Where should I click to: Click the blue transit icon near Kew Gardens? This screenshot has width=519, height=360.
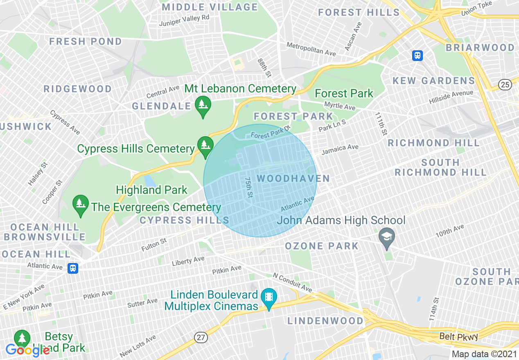[x=417, y=55]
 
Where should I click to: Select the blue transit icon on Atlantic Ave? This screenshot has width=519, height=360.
[x=73, y=268]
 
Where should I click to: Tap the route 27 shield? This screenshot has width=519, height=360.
[x=201, y=337]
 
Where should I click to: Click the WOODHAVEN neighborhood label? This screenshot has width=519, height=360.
[x=293, y=178]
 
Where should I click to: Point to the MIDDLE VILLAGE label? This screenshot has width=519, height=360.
[x=210, y=7]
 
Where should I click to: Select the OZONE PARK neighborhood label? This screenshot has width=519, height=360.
[x=322, y=246]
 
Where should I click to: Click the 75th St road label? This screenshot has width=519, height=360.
[x=248, y=187]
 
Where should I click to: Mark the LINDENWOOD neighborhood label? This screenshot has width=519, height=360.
[x=325, y=320]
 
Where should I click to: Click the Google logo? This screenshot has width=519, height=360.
[x=27, y=350]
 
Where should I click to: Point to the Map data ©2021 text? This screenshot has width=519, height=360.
[x=484, y=354]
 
